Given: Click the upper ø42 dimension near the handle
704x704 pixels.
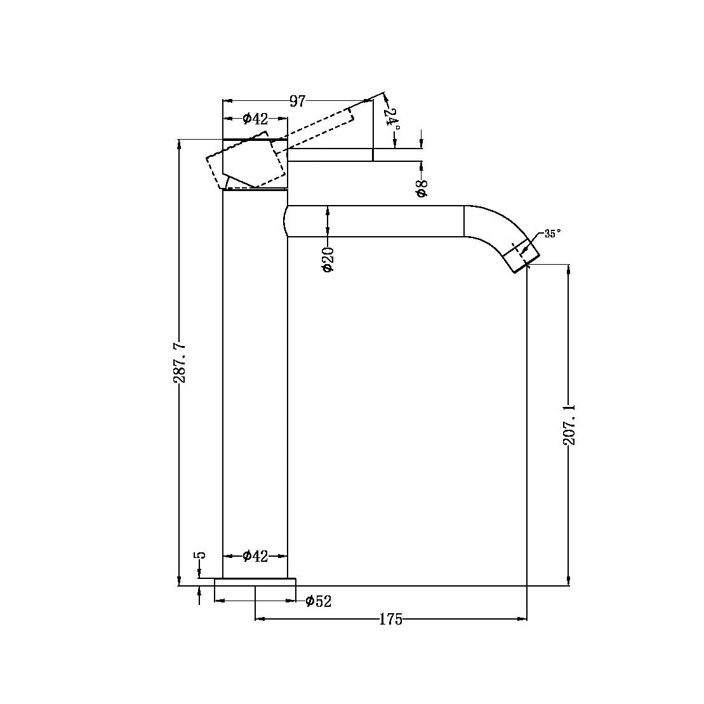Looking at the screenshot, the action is (x=255, y=119).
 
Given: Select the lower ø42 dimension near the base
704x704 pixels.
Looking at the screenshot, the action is (x=255, y=557).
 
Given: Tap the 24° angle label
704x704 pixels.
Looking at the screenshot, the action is (x=393, y=119).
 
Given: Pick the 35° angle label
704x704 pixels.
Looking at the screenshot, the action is (x=552, y=234).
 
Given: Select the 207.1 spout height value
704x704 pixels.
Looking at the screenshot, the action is (x=569, y=424).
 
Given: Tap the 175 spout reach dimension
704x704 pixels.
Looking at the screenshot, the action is (x=391, y=620).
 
